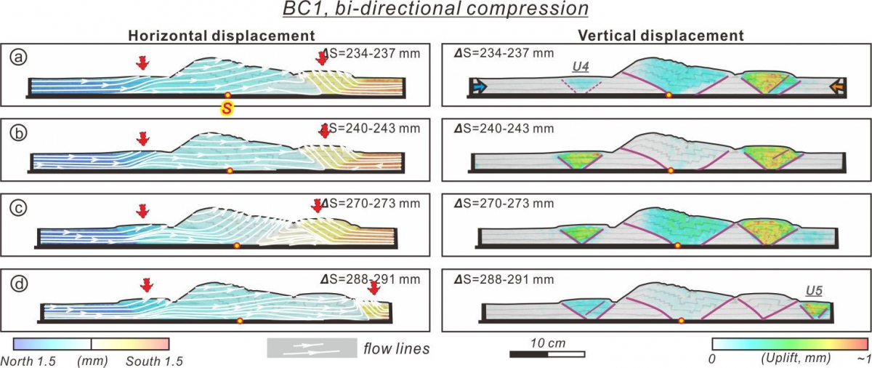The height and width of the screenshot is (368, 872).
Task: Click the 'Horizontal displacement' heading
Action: coord(221,36)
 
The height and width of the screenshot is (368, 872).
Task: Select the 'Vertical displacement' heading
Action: coord(661,36)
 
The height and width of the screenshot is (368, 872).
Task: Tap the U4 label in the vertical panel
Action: coord(580,68)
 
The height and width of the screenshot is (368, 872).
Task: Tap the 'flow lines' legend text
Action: coord(397,349)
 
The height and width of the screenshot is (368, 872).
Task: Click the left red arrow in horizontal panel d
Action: coord(148,285)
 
